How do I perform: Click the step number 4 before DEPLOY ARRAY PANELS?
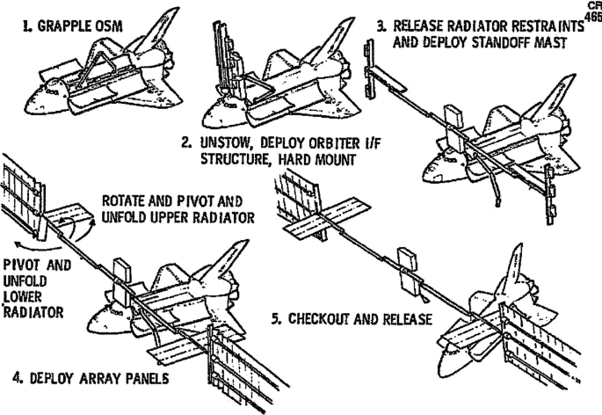point(18,380)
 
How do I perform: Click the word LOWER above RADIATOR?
point(25,297)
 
